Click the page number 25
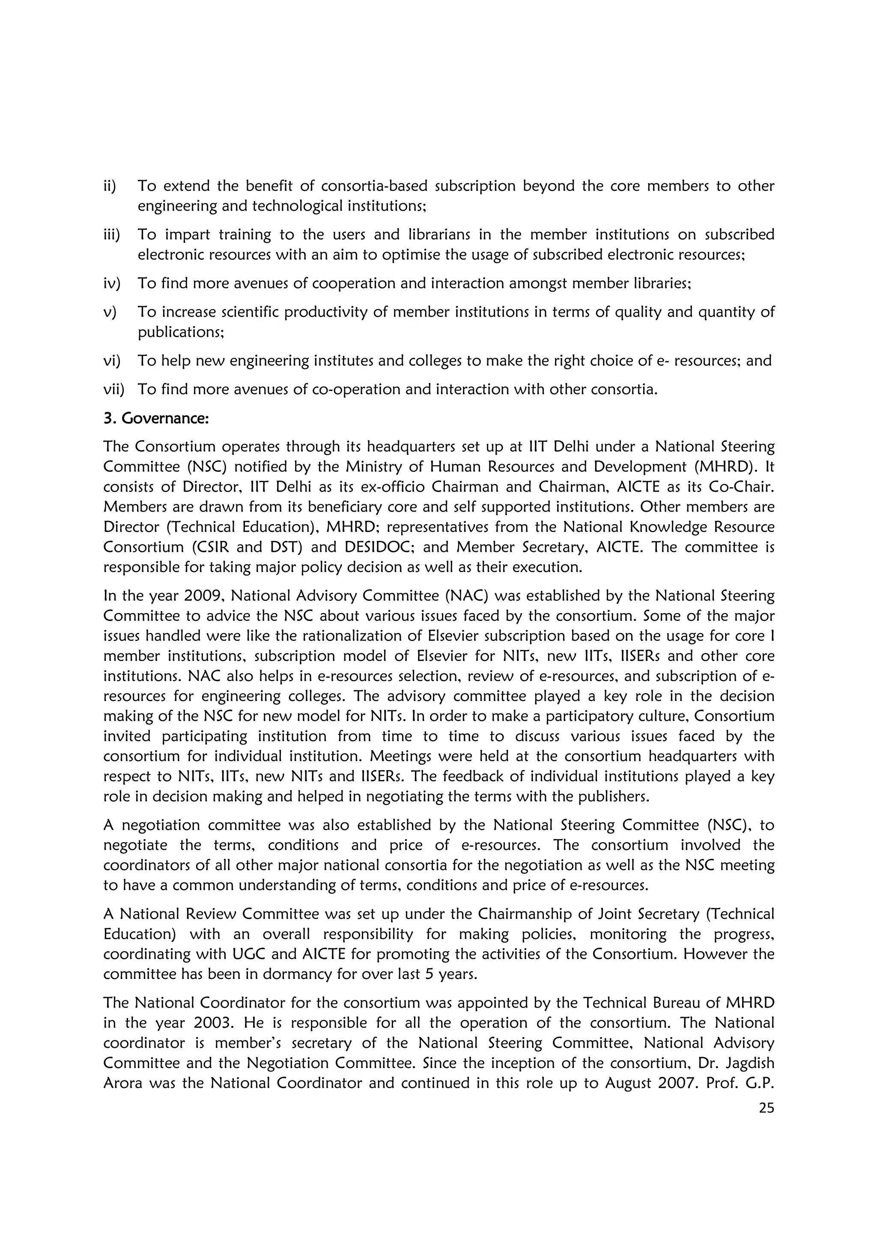click(766, 1108)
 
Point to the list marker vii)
click(113, 389)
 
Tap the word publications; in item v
click(180, 332)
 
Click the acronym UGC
click(250, 954)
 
